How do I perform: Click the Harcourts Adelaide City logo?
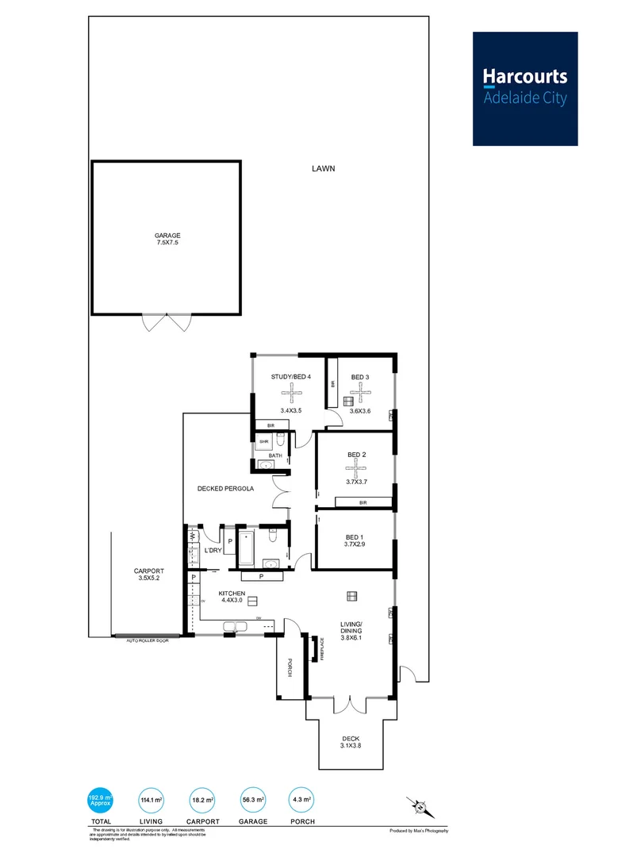(x=525, y=88)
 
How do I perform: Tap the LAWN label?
(x=323, y=168)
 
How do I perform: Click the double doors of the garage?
(x=167, y=323)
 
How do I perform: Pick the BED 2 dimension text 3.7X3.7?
(x=357, y=482)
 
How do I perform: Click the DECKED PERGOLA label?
(x=225, y=489)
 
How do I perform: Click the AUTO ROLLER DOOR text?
(x=148, y=640)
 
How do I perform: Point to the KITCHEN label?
(x=232, y=594)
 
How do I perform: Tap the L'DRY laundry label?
(x=212, y=550)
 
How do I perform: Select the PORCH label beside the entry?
(x=290, y=668)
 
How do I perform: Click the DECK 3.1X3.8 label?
(x=350, y=740)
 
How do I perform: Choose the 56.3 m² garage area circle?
(x=255, y=800)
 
